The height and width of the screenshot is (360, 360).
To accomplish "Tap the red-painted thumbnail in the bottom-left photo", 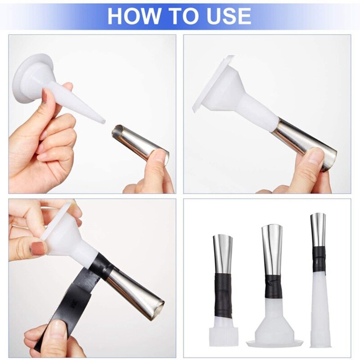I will click(38, 248).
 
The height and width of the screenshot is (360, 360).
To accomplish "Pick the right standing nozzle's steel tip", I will click(318, 229).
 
